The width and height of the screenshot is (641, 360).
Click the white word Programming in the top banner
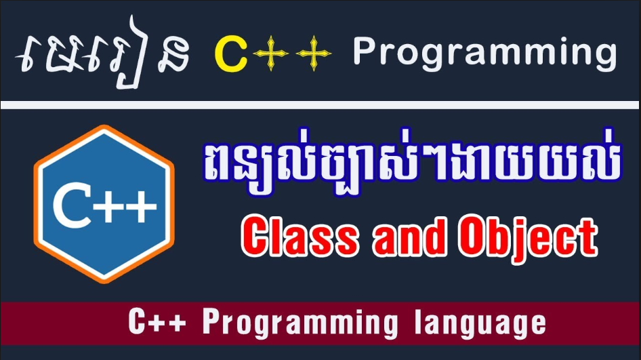click(484, 53)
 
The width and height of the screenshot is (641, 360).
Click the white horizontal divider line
click(320, 104)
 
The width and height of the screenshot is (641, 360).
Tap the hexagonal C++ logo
click(104, 204)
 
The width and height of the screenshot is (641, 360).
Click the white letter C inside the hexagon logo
click(73, 205)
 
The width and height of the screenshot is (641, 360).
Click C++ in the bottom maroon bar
click(157, 322)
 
